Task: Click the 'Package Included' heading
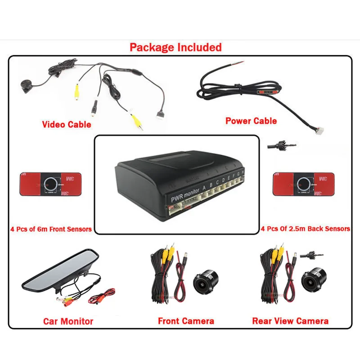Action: (x=175, y=47)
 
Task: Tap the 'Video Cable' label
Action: (x=67, y=124)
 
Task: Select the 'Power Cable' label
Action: (x=251, y=121)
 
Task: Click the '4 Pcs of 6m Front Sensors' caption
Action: (x=51, y=229)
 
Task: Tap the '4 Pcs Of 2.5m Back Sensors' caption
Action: (x=306, y=229)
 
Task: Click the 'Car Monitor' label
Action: (x=68, y=321)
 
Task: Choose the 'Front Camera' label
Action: (x=186, y=321)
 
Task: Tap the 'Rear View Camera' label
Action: (x=290, y=321)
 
